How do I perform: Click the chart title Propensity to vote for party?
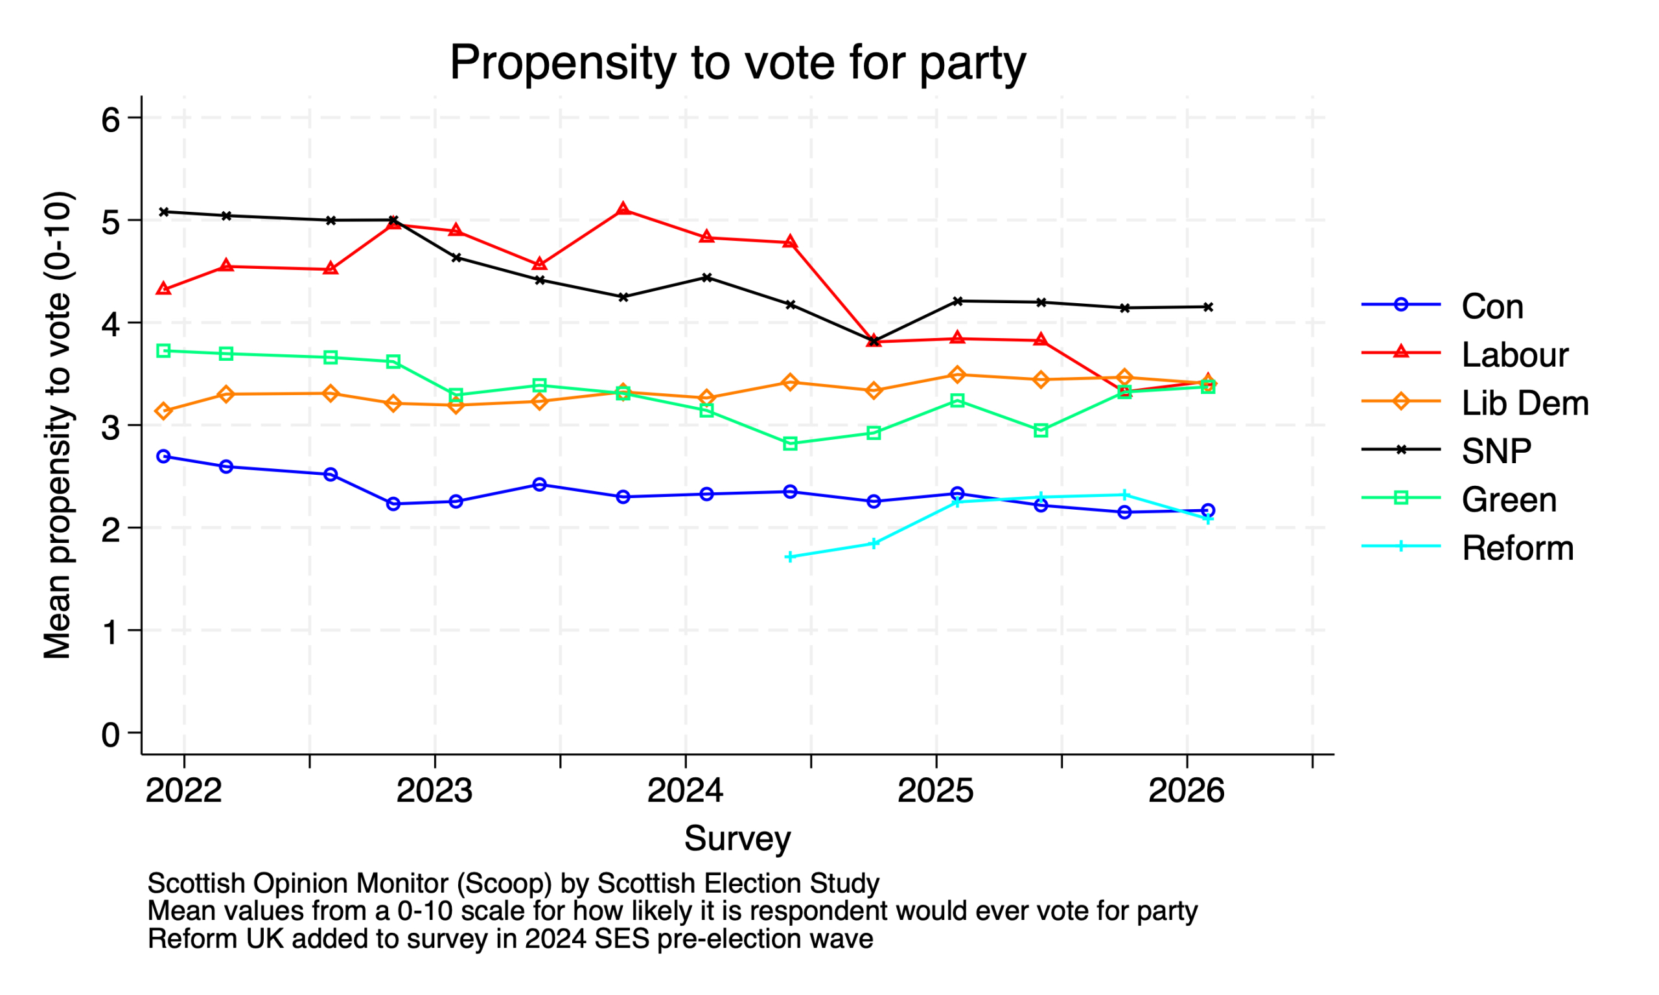pyautogui.click(x=737, y=63)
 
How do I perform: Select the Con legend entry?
pyautogui.click(x=1492, y=306)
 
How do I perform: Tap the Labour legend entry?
pyautogui.click(x=1514, y=355)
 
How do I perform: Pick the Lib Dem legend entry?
pyautogui.click(x=1524, y=403)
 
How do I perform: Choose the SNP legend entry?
pyautogui.click(x=1496, y=452)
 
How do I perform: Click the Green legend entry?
pyautogui.click(x=1509, y=499)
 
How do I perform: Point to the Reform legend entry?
pyautogui.click(x=1518, y=548)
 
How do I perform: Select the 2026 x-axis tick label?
pyautogui.click(x=1185, y=791)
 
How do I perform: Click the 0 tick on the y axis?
pyautogui.click(x=111, y=735)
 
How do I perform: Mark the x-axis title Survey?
pyautogui.click(x=737, y=839)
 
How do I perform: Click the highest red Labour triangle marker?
pyautogui.click(x=623, y=209)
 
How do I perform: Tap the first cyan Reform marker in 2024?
pyautogui.click(x=790, y=556)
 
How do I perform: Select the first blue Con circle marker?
pyautogui.click(x=163, y=457)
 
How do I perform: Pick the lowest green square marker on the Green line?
pyautogui.click(x=790, y=444)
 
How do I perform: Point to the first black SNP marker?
pyautogui.click(x=163, y=212)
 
